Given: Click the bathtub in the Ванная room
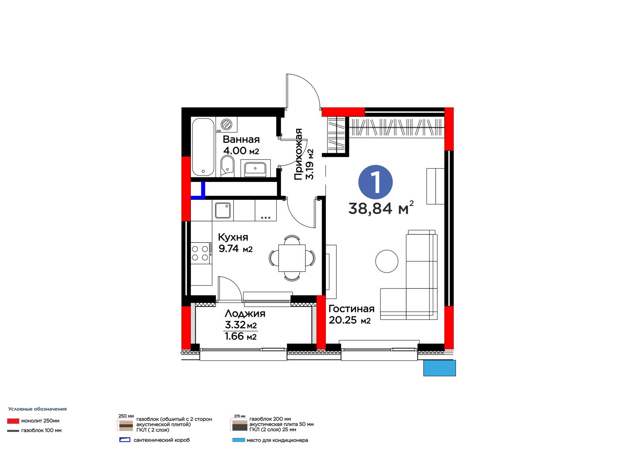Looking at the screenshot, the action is [x=203, y=147].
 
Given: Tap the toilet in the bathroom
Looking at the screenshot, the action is [x=227, y=165].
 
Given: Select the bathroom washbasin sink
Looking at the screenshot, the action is [x=255, y=168].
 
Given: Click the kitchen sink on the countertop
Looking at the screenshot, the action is [x=223, y=210].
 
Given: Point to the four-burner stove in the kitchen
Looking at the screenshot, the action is [x=201, y=253].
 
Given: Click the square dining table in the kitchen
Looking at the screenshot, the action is [x=292, y=258].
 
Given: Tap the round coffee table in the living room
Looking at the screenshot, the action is [x=387, y=261].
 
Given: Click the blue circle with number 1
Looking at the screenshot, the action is [x=375, y=182].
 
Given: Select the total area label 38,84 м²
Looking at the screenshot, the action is [x=381, y=208].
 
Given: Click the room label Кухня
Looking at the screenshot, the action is [x=233, y=237].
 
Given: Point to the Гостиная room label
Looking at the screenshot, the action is [x=351, y=309].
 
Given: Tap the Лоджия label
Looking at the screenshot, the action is [x=245, y=313].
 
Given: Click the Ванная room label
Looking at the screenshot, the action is [x=241, y=139].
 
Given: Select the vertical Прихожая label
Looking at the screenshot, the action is [x=298, y=154].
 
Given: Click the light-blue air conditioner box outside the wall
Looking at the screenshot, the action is [x=440, y=368].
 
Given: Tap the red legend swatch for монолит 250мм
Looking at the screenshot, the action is [x=13, y=421].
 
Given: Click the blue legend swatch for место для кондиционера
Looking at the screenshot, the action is [x=238, y=440].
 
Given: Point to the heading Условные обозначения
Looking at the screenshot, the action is [x=37, y=409].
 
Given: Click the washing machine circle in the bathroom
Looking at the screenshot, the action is [x=226, y=124].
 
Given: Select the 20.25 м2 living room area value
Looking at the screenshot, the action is [x=350, y=320].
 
